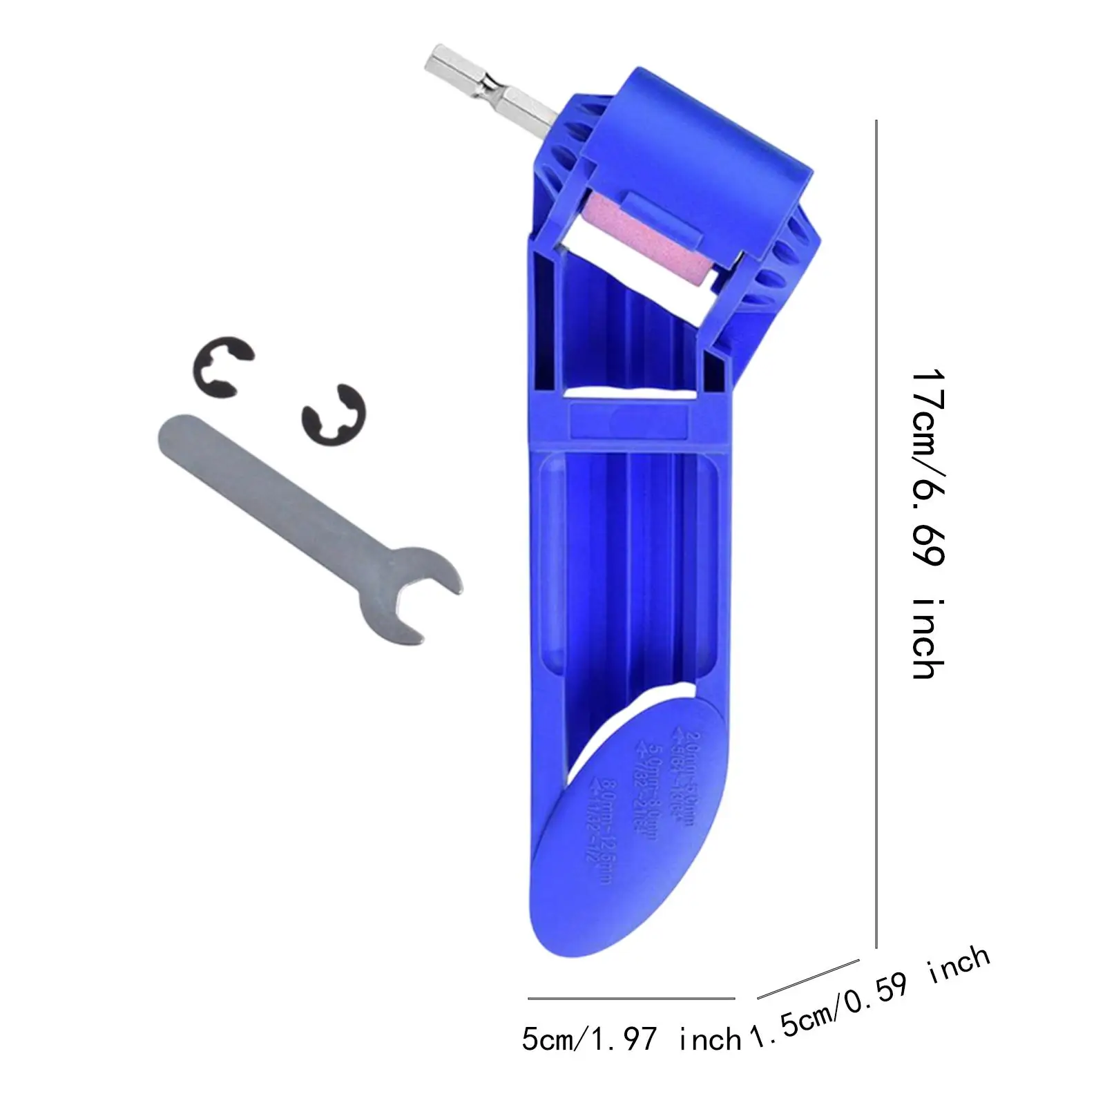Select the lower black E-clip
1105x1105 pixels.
(334, 415)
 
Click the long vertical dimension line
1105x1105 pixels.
(876, 532)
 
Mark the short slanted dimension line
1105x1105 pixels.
(808, 979)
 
